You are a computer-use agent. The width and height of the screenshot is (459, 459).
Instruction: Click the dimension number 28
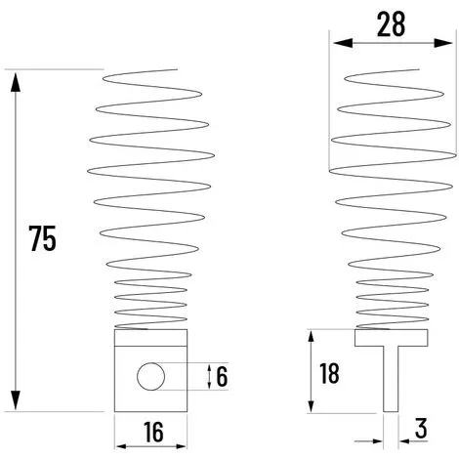tap(391, 25)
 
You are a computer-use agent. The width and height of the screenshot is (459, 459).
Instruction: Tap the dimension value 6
tap(222, 375)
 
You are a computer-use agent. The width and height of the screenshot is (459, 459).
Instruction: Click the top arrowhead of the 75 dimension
tap(15, 77)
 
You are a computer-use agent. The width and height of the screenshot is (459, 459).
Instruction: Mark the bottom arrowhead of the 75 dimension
tap(15, 403)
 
